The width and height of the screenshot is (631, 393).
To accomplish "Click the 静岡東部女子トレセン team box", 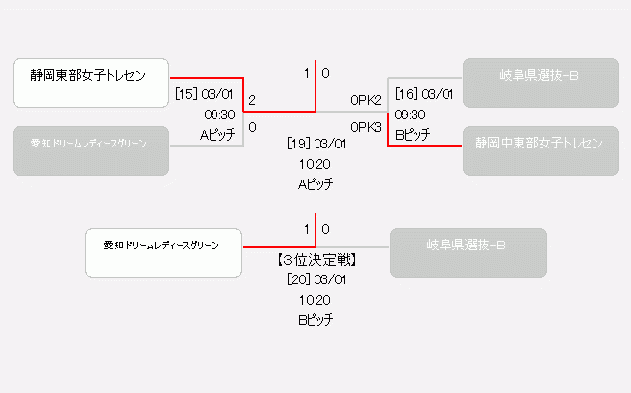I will pos(91,82).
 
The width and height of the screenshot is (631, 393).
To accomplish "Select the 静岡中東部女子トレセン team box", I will pos(540,144).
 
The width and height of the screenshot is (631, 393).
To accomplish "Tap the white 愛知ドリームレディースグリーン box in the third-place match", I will pos(162,252).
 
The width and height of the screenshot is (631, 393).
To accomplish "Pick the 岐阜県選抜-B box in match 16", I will pos(540,82).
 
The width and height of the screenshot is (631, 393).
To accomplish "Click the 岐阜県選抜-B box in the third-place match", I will pos(468,252).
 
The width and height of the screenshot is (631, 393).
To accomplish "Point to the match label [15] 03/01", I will pos(205,94).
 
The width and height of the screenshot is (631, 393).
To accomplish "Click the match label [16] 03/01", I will pos(424,94).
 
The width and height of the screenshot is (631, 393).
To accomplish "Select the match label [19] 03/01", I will pos(316,144).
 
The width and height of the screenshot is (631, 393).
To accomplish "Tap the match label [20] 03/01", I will pos(316,279).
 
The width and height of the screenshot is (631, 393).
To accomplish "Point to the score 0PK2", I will pos(366,100).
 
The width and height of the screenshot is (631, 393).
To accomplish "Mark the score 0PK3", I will pos(366,127).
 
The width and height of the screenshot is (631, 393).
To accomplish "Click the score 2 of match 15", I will pos(252,100).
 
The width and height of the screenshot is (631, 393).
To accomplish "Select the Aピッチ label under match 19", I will pos(315,183).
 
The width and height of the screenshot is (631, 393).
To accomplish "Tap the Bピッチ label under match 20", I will pos(315,319).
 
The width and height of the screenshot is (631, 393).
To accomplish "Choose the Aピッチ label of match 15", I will pos(217,135).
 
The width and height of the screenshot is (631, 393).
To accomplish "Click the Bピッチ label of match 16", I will pos(413,135).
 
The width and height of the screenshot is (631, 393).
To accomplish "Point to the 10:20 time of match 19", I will pos(315,164).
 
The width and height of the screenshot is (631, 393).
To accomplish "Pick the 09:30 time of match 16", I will pos(411,115).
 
